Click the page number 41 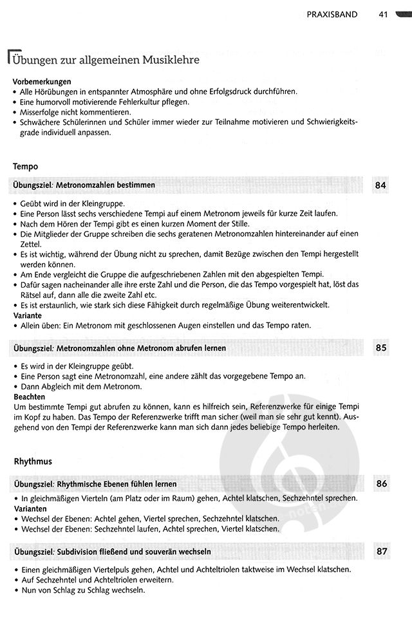coord(383,14)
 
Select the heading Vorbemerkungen coord(42,82)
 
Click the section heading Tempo coord(25,166)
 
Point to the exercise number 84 coord(381,185)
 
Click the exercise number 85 coord(381,348)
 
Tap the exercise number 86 coord(381,482)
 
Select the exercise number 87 coord(381,552)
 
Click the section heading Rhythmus coord(33,462)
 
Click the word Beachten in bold coord(30,396)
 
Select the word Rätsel coord(31,295)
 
